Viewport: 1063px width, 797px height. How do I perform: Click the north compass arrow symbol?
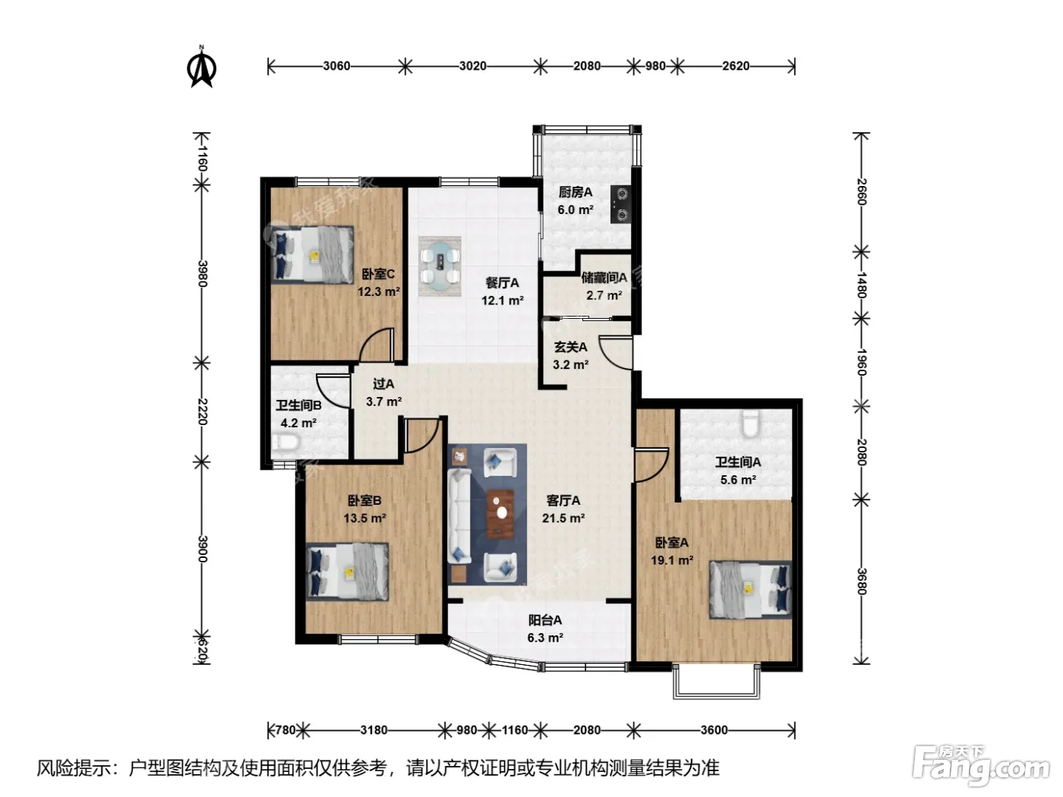click(x=201, y=67)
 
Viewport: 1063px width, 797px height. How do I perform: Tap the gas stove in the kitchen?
click(x=620, y=204)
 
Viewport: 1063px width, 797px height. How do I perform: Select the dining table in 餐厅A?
click(x=440, y=266)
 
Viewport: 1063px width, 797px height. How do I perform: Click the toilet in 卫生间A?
click(x=749, y=424)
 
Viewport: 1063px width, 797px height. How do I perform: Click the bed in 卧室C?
click(x=312, y=254)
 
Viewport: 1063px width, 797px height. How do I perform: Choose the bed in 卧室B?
click(x=347, y=572)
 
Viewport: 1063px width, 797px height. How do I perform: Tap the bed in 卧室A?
click(x=750, y=590)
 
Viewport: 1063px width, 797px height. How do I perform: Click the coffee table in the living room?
click(x=500, y=514)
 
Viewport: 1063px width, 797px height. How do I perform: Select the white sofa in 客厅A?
click(x=459, y=516)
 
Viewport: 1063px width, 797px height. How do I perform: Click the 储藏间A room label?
click(x=604, y=278)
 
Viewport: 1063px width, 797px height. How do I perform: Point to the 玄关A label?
click(x=570, y=347)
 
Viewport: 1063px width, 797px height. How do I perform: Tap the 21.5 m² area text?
click(x=563, y=518)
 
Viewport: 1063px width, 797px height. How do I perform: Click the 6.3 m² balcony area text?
click(x=545, y=638)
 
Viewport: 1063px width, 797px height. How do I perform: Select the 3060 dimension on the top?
click(x=336, y=66)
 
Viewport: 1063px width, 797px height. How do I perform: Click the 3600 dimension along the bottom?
click(x=714, y=729)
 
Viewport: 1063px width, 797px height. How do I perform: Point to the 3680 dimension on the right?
click(x=862, y=581)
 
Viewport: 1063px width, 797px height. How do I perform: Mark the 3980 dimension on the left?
click(x=203, y=273)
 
